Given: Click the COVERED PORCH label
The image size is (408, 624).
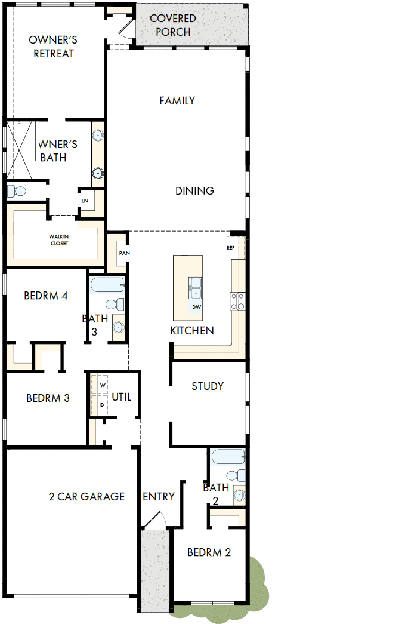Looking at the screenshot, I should click(x=173, y=25).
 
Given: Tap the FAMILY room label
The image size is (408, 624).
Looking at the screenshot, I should click(x=177, y=101).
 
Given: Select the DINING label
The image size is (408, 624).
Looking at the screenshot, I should click(x=194, y=191).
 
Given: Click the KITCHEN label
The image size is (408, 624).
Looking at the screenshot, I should click(x=192, y=330).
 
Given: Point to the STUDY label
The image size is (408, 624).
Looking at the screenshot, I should click(x=208, y=386).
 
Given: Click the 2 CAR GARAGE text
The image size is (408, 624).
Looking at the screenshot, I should click(x=87, y=496).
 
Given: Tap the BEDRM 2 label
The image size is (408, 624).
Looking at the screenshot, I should click(x=209, y=552).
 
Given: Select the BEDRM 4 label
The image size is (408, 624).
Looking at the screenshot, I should click(x=45, y=296).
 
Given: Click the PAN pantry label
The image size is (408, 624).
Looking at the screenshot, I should click(x=124, y=253).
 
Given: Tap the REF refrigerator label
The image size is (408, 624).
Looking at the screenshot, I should click(x=230, y=247).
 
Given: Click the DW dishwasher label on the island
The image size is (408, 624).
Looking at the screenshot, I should click(x=196, y=307).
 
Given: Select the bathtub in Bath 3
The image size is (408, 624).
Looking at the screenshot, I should click(x=107, y=284).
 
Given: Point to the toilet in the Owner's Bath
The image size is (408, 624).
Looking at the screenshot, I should click(x=17, y=192).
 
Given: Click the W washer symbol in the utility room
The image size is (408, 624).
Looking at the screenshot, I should click(x=102, y=385).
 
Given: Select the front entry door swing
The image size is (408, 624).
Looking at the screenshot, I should click(x=153, y=520).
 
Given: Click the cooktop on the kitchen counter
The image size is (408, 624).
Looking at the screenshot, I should click(x=238, y=300).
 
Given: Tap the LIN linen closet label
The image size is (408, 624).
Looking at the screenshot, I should click(x=85, y=201).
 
